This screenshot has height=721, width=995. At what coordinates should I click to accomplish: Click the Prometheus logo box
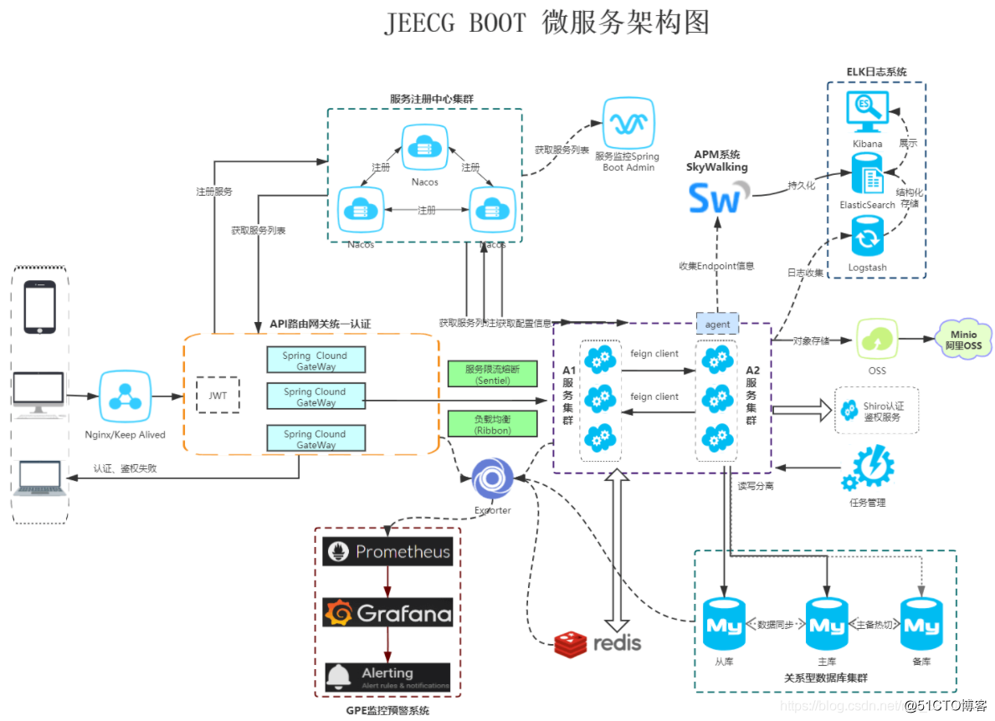coord(387,552)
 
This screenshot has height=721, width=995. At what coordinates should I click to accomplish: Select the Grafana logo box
coord(387,613)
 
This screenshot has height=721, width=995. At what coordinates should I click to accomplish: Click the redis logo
coord(598,642)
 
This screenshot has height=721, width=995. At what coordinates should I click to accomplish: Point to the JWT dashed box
coord(217,395)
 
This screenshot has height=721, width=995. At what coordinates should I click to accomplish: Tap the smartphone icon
coord(40,306)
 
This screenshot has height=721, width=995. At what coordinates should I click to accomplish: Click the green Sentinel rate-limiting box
coord(491,374)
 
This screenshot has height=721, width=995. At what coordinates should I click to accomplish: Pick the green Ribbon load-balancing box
coord(491,423)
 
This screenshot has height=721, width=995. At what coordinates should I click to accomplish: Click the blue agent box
coord(717,324)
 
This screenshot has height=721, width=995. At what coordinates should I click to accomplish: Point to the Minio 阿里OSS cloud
coord(963,340)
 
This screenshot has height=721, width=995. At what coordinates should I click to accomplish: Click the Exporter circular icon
coord(492,480)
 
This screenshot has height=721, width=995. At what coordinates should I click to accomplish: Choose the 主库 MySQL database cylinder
coord(827,625)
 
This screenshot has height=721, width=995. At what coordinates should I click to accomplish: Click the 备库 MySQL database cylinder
coord(921,625)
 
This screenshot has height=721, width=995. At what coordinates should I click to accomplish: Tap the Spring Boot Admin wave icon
coord(629,123)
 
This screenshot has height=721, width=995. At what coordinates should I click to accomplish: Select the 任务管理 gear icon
coord(868,470)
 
